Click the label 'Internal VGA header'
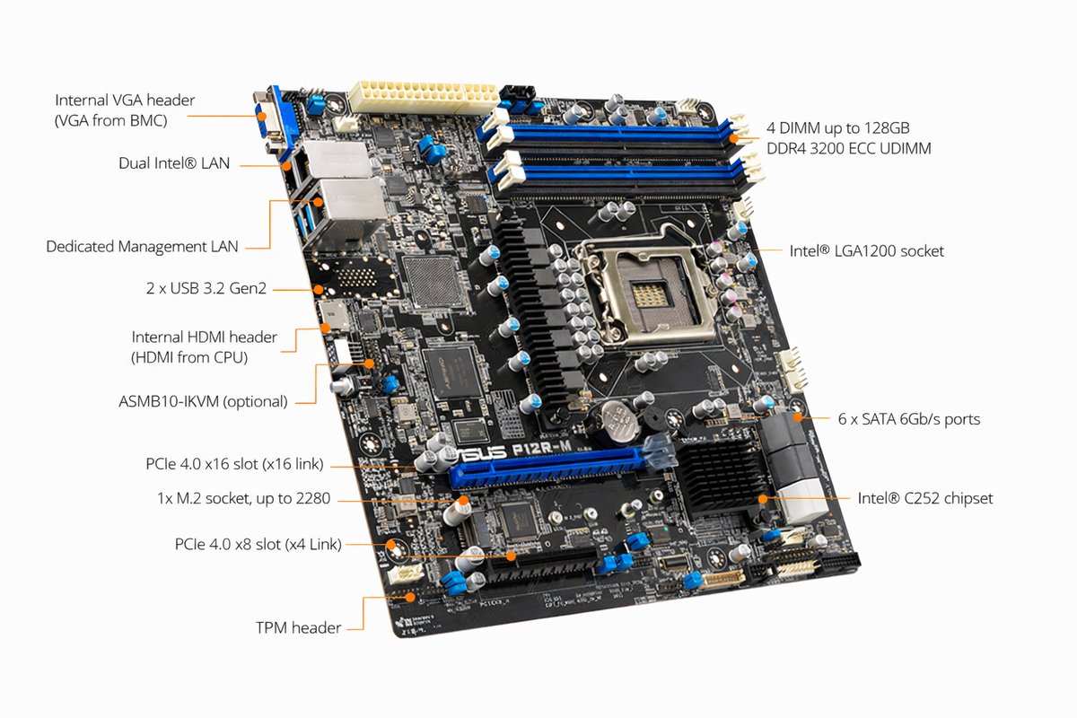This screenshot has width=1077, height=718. click(x=125, y=101)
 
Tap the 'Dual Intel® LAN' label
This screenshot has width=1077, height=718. click(x=174, y=163)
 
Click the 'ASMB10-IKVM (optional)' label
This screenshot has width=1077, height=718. click(x=203, y=401)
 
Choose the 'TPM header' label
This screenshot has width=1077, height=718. click(x=298, y=627)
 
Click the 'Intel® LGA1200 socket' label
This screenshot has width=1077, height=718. click(x=866, y=251)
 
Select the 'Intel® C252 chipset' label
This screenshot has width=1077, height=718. click(x=924, y=498)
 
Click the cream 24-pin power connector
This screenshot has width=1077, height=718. click(x=422, y=95)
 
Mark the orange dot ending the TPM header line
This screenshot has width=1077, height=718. click(x=411, y=595)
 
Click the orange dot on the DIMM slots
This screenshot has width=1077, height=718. click(x=735, y=138)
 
